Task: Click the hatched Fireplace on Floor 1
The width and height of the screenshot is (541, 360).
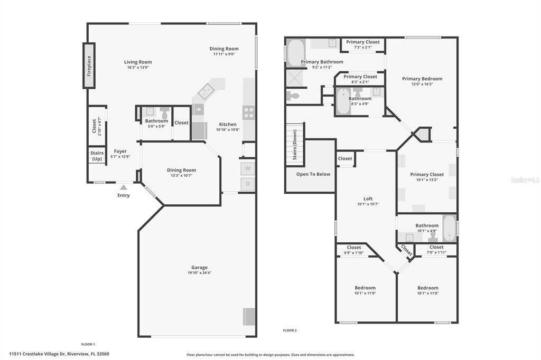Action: [89, 65]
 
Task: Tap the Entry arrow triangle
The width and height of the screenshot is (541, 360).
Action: [123, 187]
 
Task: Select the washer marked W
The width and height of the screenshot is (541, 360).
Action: [247, 169]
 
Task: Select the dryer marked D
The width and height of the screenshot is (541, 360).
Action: [247, 184]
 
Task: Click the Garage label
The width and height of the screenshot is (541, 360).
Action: [199, 267]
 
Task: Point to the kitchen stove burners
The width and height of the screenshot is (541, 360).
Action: [248, 112]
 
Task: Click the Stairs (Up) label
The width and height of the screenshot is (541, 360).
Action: [97, 156]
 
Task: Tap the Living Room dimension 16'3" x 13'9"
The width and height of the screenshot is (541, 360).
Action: [138, 68]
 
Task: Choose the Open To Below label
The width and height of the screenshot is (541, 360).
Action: [313, 174]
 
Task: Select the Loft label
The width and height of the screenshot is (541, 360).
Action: [368, 198]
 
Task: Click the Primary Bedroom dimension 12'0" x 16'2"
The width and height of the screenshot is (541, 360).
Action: [422, 84]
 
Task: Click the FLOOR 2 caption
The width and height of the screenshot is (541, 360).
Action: [290, 330]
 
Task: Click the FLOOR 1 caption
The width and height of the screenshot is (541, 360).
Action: [88, 344]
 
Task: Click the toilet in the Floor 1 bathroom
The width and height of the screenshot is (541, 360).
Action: [165, 112]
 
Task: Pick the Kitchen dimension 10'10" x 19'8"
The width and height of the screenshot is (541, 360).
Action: [227, 130]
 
